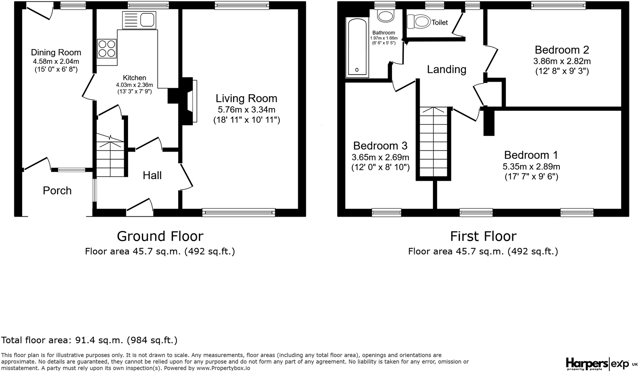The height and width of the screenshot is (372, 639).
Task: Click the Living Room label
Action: coord(246,99)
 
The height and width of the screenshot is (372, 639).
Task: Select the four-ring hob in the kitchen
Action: coord(106,48)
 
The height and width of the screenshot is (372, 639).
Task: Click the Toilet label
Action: coord(440,22)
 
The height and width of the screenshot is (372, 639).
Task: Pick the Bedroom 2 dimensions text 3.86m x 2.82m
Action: coord(562,61)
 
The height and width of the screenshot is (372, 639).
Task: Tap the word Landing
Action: coord(446,70)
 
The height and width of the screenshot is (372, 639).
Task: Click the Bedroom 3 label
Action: coord(380,146)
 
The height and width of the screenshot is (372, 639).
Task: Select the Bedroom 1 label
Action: coord(531,155)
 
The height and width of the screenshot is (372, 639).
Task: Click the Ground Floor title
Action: coord(160,236)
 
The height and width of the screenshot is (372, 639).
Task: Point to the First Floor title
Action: coord(483,236)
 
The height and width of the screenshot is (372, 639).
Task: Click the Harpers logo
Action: coord(586,363)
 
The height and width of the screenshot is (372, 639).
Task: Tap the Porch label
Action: coord(57,191)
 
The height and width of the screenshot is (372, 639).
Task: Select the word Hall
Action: coord(152,175)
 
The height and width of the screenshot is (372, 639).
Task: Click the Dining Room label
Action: coord(56,52)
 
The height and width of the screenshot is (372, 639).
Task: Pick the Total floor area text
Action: coord(89,340)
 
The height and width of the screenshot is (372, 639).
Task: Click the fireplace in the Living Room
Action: coord(190,100)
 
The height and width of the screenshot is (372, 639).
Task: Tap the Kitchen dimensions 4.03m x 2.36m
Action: coord(134,85)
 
